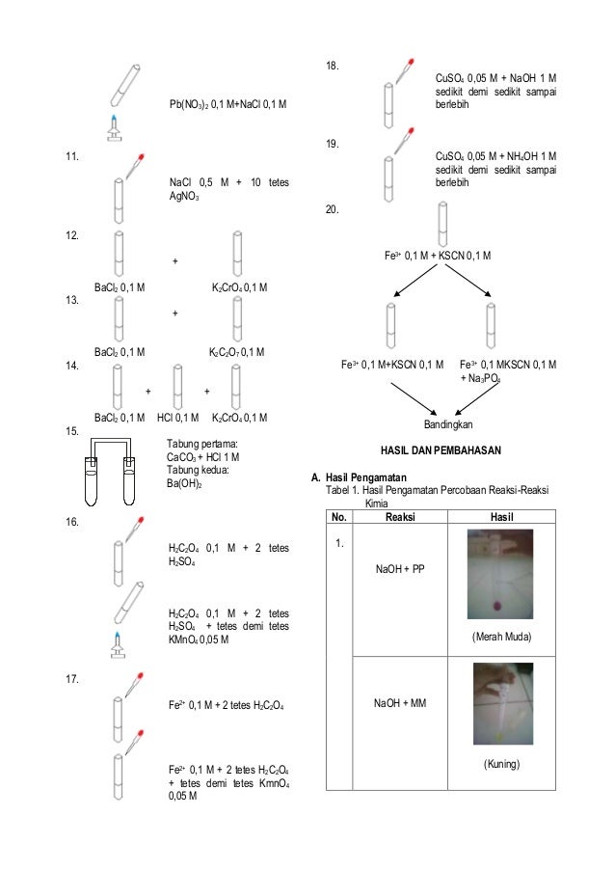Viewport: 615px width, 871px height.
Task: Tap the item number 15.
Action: [70, 431]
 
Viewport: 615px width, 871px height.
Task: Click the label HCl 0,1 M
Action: [177, 418]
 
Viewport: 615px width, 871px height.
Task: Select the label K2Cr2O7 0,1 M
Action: [237, 352]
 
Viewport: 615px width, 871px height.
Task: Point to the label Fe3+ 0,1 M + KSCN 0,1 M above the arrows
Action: [438, 256]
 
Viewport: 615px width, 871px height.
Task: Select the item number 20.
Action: [333, 209]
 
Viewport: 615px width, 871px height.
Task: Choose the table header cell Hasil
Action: [500, 516]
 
